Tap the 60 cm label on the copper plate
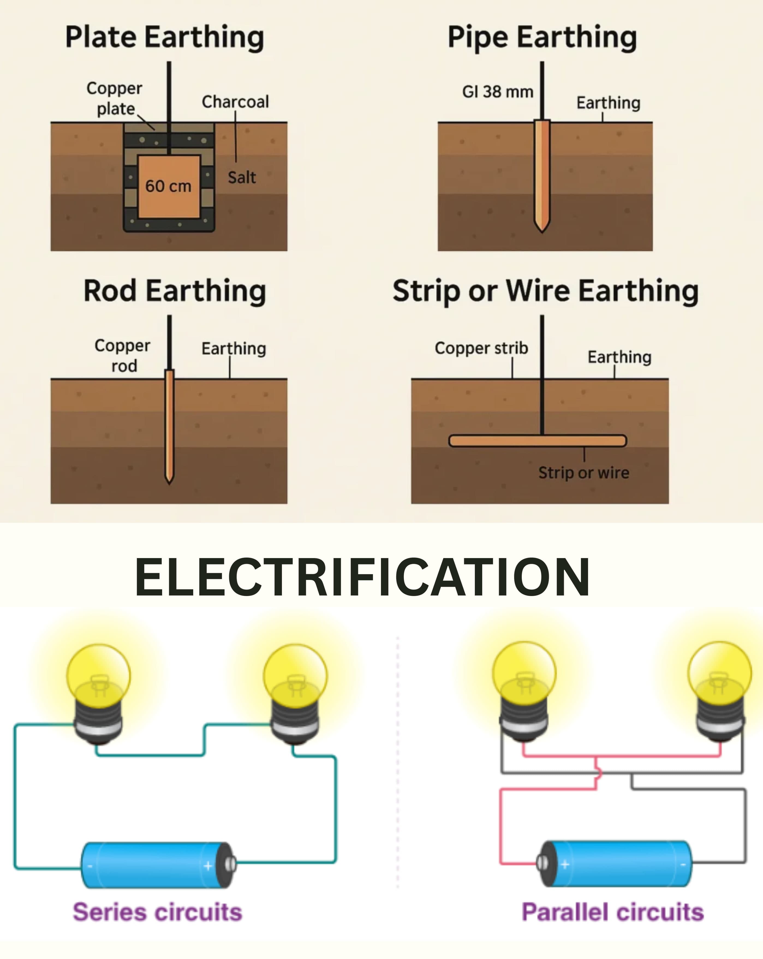tap(168, 186)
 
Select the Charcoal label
tap(235, 102)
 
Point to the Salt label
tap(242, 177)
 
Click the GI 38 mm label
tap(497, 92)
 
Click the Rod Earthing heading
tap(175, 291)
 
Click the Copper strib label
tap(481, 348)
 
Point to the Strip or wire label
tap(584, 472)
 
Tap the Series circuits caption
tap(157, 912)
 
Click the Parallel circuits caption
tap(613, 912)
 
